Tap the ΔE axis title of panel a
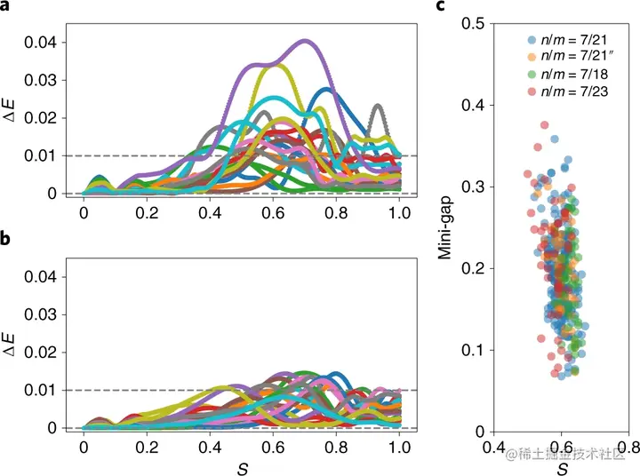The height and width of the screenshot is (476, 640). coord(12,117)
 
